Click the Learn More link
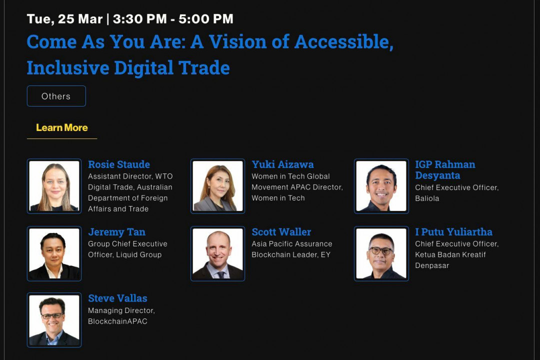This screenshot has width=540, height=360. (62, 128)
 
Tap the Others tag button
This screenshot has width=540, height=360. (56, 96)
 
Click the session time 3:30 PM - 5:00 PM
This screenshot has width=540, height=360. (173, 19)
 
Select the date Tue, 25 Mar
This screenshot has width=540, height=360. (64, 19)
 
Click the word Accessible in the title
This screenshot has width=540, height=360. (344, 42)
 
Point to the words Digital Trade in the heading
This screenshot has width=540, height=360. (172, 68)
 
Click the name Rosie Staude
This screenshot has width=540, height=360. (119, 164)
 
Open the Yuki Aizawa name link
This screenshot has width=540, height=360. (282, 164)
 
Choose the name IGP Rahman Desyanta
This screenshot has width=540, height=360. (445, 170)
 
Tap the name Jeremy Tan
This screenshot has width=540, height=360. (116, 232)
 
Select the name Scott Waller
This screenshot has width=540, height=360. (281, 232)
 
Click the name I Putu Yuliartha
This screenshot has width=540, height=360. (453, 232)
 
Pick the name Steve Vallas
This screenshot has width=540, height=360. (118, 298)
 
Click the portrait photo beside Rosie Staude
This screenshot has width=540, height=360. (54, 186)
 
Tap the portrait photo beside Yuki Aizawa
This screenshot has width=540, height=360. (217, 186)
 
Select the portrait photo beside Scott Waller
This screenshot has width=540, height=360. (217, 253)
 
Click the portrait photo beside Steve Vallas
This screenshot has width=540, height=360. (54, 320)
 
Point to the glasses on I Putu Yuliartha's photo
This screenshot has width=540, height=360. (381, 250)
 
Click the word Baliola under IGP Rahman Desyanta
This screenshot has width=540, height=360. (427, 198)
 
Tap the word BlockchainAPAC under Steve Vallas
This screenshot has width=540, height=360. (118, 321)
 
